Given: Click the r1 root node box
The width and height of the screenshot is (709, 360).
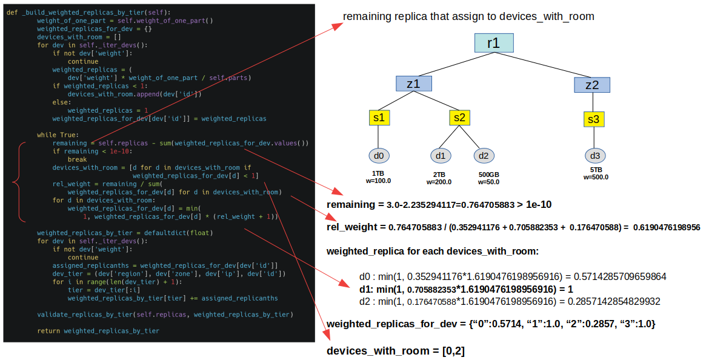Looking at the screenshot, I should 494,43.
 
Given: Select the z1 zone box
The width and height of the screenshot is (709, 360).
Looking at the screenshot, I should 413,84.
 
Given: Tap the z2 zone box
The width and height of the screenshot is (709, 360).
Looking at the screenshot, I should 591,84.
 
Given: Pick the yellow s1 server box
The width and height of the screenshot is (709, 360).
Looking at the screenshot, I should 379,118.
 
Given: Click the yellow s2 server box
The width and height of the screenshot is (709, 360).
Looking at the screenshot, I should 459,118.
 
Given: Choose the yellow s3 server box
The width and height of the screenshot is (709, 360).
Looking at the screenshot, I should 594,119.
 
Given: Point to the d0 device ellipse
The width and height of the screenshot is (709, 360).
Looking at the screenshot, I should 379,156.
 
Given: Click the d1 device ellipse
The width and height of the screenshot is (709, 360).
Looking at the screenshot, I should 441,156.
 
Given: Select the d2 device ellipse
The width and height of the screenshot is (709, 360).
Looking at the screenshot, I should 483,156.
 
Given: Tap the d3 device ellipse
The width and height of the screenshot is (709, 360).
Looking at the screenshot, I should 595,156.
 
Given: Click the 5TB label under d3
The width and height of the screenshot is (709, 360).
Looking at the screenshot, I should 596,170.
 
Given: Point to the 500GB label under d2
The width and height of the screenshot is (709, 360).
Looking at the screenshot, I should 489,174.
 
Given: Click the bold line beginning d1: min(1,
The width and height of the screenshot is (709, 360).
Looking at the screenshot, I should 465,289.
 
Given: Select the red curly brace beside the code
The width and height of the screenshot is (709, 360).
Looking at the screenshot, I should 18,182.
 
